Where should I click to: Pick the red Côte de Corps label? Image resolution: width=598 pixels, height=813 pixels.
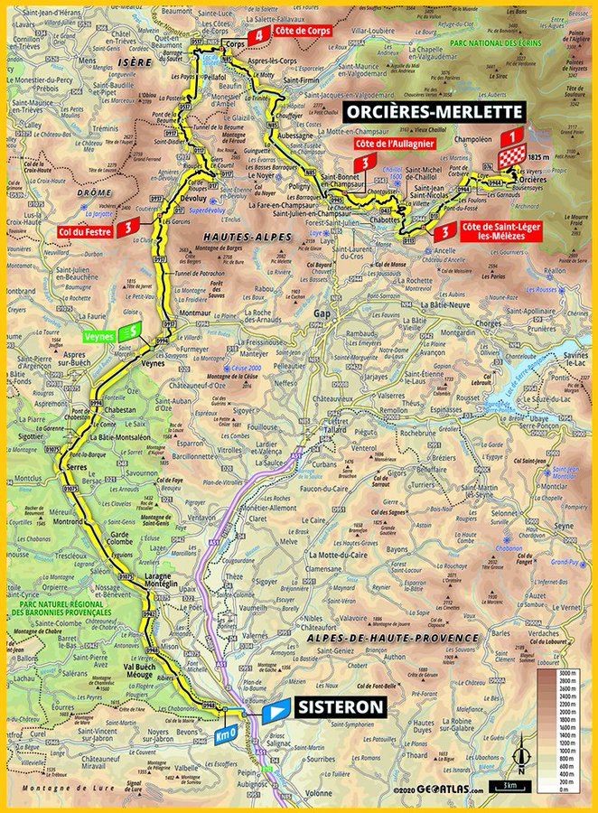(x=302, y=30)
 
